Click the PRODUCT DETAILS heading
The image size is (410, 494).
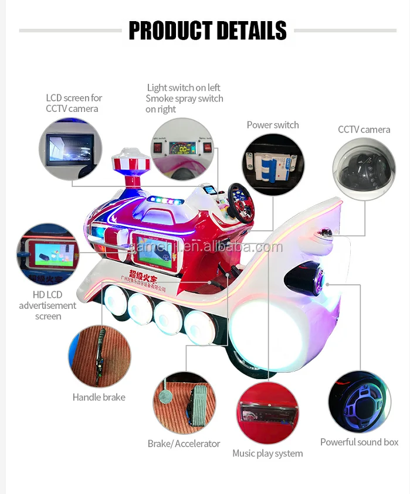208,30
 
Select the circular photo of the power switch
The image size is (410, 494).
273,164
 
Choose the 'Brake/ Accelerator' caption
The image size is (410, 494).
184,444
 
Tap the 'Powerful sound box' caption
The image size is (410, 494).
359,442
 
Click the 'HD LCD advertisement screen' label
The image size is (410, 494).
48,305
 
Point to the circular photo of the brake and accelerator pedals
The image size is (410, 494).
184,403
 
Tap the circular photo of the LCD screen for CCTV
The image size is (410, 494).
70,149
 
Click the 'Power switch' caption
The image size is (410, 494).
273,125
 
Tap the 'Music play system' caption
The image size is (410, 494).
267,453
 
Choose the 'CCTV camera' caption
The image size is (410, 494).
364,130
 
